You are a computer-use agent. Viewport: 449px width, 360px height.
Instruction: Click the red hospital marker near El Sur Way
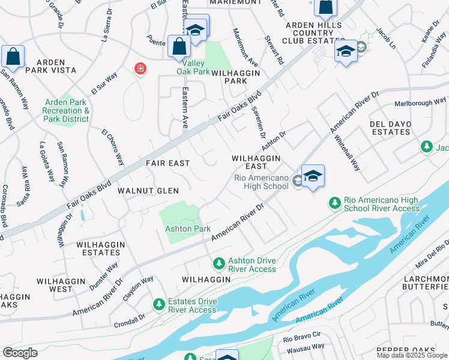coord(140,69)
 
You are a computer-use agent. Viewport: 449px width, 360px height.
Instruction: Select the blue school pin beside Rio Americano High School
coord(313,176)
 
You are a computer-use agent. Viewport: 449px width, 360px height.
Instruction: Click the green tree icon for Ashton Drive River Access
coord(219,263)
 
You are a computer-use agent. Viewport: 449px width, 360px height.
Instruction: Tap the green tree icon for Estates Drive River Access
coord(159,304)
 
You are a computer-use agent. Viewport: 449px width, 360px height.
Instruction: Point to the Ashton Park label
coord(187,229)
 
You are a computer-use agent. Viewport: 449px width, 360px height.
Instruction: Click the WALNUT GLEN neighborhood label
coord(148,191)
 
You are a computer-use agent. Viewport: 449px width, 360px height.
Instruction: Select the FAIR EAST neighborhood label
coord(167,163)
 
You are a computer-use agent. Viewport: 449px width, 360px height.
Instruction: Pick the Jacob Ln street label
coord(385,37)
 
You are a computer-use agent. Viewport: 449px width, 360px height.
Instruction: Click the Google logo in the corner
coord(20,352)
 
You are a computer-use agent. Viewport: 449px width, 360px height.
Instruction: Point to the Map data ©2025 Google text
coord(412,355)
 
